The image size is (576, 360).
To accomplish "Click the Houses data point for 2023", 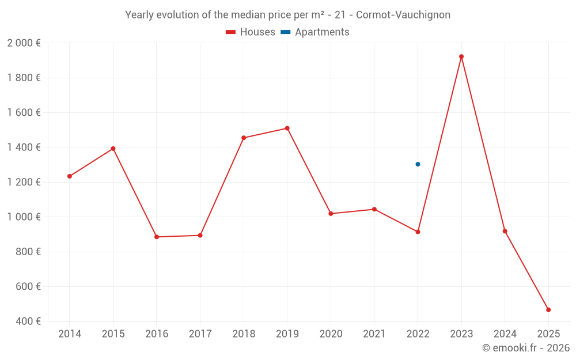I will [x=461, y=56].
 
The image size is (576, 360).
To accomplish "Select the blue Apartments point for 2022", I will [x=418, y=164].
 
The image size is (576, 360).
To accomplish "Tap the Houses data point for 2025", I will [x=548, y=310].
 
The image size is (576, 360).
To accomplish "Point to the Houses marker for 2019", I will [x=287, y=128].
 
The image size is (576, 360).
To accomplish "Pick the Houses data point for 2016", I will [x=157, y=237].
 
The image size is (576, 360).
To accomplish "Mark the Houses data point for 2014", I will [x=70, y=176].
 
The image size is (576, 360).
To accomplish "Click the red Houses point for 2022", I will [x=418, y=232].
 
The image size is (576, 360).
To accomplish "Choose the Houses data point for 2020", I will [x=331, y=214].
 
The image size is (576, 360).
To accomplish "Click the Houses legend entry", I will [x=251, y=32].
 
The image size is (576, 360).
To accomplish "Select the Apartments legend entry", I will [x=315, y=32].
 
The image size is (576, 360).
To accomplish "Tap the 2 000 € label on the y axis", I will [x=24, y=43].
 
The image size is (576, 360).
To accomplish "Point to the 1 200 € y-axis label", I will [x=24, y=182].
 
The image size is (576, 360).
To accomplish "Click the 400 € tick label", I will [x=28, y=321].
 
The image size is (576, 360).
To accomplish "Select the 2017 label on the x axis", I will [x=200, y=334].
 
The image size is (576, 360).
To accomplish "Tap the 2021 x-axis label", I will [x=374, y=334].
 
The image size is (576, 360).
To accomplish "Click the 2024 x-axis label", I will [x=505, y=334].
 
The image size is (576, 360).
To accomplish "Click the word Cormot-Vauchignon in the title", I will [x=403, y=15].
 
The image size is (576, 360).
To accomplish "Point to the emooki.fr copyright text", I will [x=526, y=348].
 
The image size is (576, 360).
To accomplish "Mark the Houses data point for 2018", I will [x=244, y=138].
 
